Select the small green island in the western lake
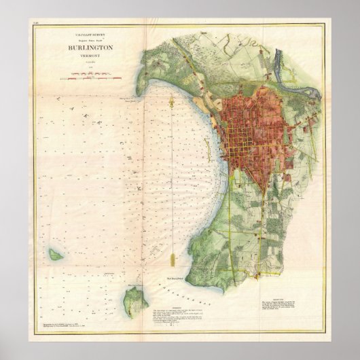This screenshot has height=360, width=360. click(54, 255)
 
